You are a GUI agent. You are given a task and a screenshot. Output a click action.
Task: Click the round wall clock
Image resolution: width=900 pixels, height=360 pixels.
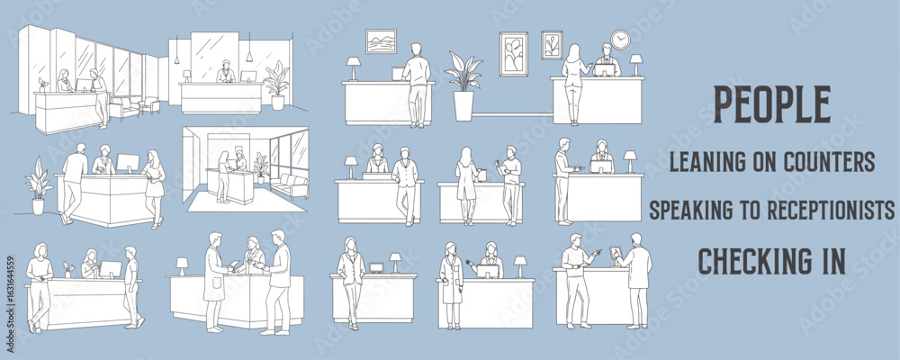point(620,39)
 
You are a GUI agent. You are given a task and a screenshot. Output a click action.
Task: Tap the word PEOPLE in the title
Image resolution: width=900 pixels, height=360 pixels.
point(772,105)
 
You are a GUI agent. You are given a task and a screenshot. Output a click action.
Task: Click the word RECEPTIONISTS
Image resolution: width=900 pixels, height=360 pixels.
point(831,211)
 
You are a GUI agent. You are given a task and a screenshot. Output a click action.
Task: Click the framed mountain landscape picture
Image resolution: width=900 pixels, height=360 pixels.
point(381,41)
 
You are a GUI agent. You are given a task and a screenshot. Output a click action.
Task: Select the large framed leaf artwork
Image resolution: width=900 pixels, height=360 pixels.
point(513,54)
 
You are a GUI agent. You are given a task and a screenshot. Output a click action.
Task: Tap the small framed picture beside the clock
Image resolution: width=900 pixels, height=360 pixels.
point(553,45)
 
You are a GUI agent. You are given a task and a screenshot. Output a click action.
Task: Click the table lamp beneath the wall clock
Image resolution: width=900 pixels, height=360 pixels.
point(636,64)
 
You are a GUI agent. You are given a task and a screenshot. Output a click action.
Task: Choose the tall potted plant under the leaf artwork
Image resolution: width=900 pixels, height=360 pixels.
point(463,86)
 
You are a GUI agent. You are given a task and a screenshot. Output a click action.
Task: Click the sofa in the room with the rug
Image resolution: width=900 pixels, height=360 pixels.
point(289,184)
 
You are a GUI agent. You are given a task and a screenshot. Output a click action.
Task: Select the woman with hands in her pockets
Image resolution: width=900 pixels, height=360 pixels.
point(351,282)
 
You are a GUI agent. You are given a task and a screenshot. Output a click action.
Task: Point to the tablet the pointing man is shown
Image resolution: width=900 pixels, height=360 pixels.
point(615,251)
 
